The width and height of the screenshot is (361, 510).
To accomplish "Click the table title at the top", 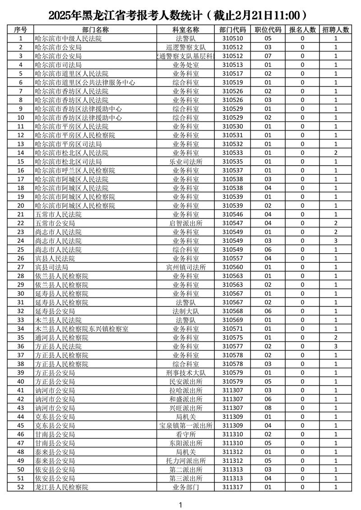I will [180, 15].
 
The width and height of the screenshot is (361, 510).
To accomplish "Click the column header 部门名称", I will [96, 30].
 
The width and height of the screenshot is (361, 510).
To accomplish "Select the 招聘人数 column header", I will [336, 30].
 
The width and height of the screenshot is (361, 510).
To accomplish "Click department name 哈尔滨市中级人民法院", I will [68, 39].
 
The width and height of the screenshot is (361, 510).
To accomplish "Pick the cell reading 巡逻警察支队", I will [186, 47].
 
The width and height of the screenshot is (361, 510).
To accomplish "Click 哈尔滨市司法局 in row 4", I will [58, 65].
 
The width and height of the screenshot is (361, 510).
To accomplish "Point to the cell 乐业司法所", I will [186, 162].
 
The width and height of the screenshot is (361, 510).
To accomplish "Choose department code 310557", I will [233, 259].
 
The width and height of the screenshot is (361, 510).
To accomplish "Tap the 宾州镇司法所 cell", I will [186, 267].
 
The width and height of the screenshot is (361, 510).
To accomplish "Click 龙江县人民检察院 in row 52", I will [61, 487].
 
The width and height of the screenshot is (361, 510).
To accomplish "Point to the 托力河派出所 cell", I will [186, 461].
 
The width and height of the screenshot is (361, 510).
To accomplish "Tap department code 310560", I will [233, 267].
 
